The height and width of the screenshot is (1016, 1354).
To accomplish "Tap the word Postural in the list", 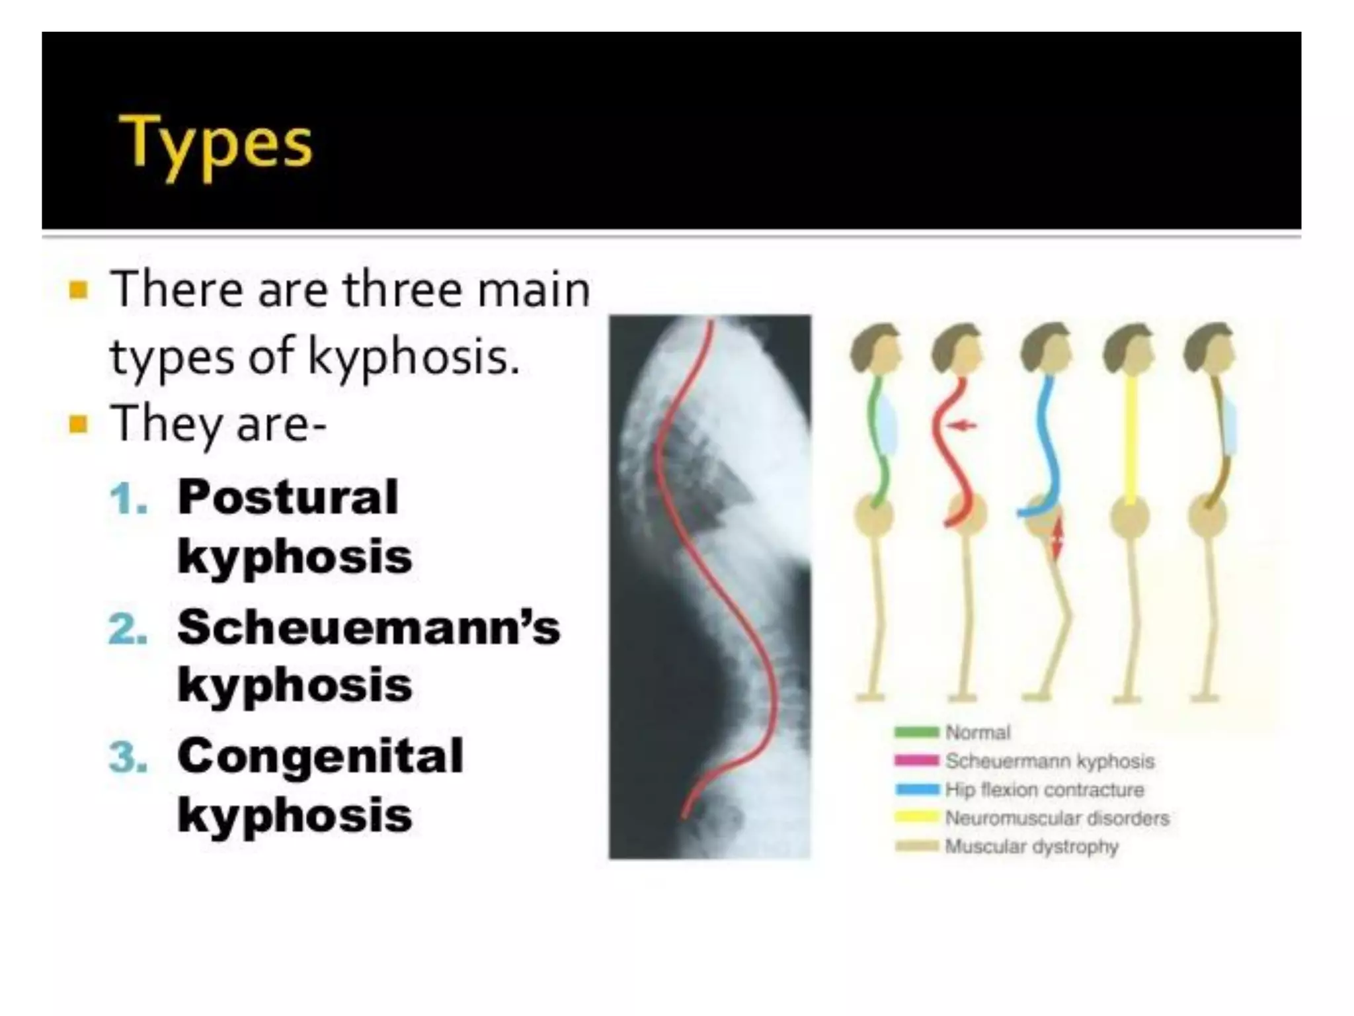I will click(288, 497).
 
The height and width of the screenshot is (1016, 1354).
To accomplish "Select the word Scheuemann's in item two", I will click(368, 626).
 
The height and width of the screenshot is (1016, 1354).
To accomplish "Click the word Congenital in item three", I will click(321, 756).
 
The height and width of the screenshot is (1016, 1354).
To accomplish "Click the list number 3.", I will click(128, 757).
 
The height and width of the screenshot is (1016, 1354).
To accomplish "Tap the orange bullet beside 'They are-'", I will click(78, 423).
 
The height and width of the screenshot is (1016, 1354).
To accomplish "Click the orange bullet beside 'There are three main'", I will click(78, 290).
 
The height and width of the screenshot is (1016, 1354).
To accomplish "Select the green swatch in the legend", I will click(916, 732).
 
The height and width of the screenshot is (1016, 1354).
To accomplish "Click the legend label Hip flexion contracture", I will click(1045, 789).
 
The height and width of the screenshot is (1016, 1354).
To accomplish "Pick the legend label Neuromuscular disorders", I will click(1057, 818).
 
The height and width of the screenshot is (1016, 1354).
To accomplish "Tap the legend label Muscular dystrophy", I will click(1032, 847).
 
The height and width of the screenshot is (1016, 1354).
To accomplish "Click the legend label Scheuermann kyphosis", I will click(1050, 761).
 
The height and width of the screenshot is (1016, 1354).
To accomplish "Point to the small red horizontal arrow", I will click(961, 425).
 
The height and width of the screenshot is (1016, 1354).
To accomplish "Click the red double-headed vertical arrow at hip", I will click(1057, 537).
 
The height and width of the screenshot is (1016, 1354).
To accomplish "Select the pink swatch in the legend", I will click(916, 761).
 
